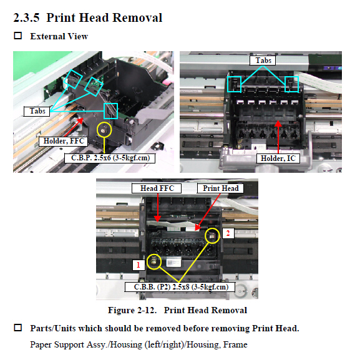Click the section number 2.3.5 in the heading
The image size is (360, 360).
26,17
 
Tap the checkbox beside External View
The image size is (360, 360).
18,36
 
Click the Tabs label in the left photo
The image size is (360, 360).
37,111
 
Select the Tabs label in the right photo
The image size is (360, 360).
263,61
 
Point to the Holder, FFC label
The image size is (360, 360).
64,141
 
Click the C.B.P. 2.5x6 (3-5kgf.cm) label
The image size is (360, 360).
110,158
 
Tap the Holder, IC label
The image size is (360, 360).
278,158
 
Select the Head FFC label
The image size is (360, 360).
157,188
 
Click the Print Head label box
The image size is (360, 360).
220,188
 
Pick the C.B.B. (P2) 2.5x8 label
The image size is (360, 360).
180,287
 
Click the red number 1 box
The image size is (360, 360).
139,265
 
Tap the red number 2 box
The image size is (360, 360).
228,233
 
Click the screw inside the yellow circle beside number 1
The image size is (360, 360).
154,261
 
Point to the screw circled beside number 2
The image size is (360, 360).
212,235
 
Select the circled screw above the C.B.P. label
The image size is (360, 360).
104,130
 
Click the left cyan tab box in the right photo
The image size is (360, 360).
234,84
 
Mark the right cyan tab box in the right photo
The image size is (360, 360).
291,84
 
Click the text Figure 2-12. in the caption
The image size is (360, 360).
132,310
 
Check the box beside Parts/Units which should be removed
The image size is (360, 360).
18,328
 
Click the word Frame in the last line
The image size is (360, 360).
235,344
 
